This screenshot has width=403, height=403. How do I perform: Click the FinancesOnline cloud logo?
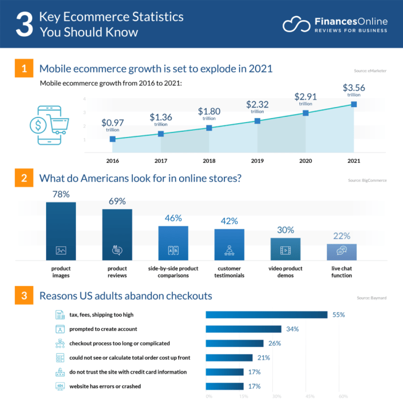296,24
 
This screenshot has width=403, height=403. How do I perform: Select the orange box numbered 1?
24,69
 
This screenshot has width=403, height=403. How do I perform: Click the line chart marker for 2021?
353,104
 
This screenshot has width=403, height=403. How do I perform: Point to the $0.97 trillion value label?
112,125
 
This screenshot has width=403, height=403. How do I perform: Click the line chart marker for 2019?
257,121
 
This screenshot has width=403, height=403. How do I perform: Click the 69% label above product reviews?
117,201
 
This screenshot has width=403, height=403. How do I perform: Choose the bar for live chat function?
342,251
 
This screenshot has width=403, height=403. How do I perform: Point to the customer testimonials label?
229,272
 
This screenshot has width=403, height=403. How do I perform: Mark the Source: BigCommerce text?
367,180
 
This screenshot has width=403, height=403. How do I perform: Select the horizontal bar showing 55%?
267,315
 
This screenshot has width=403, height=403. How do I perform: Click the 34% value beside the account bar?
292,329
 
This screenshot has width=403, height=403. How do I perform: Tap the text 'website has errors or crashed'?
105,386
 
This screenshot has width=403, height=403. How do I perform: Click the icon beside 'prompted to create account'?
59,329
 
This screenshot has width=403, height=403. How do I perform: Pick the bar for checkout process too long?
235,344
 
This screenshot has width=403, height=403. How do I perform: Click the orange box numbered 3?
24,296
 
